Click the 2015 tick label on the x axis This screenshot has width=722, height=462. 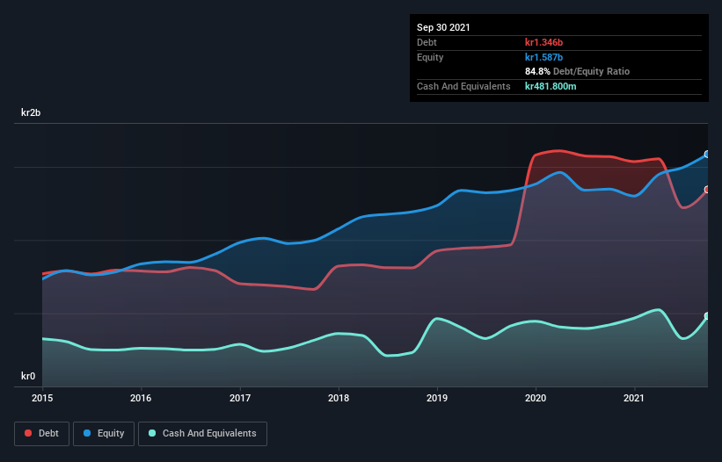(42, 398)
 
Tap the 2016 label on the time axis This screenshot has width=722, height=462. (141, 398)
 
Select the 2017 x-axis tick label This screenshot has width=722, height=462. (240, 398)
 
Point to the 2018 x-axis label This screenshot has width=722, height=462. (339, 398)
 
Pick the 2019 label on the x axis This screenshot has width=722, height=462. (437, 398)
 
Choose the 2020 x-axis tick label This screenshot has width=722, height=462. (536, 398)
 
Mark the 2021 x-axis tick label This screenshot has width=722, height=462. (635, 398)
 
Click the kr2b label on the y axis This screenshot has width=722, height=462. (31, 113)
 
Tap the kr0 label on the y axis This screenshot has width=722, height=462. (28, 377)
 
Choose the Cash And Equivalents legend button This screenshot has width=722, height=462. (202, 433)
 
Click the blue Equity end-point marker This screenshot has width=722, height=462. (706, 155)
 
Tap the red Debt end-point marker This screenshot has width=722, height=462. (706, 190)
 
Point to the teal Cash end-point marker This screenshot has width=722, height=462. (706, 316)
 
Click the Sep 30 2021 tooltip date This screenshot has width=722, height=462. (444, 27)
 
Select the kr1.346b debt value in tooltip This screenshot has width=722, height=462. (544, 42)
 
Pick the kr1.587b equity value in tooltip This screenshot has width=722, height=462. (544, 57)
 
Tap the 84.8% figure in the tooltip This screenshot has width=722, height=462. (537, 71)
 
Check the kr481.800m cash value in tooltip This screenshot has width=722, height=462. (551, 86)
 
